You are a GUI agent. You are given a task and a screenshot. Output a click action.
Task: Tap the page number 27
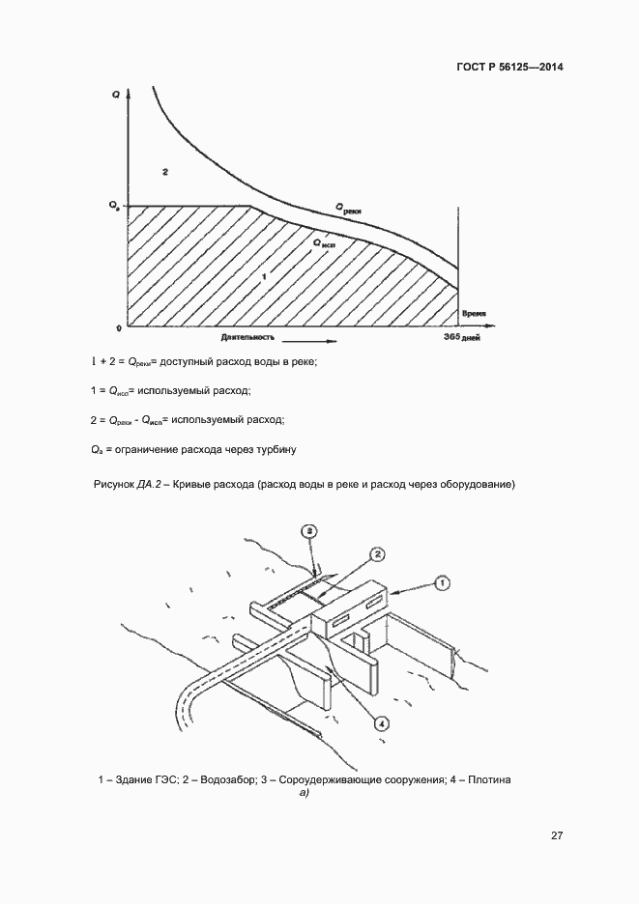[557, 835]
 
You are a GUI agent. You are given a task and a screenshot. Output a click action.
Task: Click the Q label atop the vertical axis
[116, 95]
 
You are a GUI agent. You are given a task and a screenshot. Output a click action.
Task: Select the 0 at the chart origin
[118, 328]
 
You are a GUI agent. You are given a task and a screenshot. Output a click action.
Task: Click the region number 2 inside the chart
[166, 172]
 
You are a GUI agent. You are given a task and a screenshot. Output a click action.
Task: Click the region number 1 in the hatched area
[264, 277]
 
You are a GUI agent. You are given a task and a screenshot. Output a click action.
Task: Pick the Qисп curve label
[324, 242]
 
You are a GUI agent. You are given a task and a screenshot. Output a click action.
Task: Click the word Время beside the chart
[474, 313]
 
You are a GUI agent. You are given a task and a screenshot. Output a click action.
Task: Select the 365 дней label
[462, 337]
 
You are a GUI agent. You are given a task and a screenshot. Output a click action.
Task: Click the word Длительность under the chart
[248, 338]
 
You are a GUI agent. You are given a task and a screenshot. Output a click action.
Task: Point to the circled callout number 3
[307, 530]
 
